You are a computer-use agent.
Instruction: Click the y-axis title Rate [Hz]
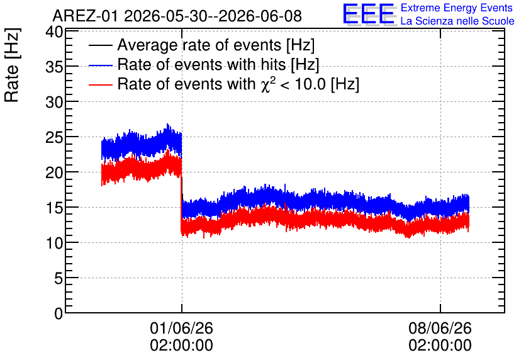click(x=12, y=65)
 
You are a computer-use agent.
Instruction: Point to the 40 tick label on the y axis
click(x=54, y=33)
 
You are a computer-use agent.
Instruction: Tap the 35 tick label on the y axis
click(x=54, y=67)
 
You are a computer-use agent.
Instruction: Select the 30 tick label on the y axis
click(x=54, y=103)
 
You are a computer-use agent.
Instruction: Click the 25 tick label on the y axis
click(x=54, y=138)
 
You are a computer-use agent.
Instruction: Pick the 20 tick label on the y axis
click(x=54, y=173)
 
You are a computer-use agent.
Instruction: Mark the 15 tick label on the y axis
click(x=54, y=208)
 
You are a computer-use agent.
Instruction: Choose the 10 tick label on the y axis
click(x=54, y=243)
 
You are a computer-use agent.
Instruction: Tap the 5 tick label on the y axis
click(x=59, y=278)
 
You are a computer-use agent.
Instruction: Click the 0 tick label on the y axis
click(x=59, y=313)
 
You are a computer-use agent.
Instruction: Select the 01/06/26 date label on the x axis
click(x=181, y=328)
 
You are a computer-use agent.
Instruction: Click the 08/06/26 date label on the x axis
click(x=440, y=328)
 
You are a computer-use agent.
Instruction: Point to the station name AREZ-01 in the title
click(x=85, y=16)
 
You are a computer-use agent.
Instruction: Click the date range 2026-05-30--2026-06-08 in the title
click(x=213, y=16)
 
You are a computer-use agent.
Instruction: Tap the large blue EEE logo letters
click(x=369, y=14)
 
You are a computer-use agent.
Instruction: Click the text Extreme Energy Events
click(x=457, y=8)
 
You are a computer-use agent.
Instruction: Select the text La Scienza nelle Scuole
click(x=457, y=21)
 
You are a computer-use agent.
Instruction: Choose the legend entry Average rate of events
click(x=201, y=45)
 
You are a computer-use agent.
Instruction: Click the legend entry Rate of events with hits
click(x=204, y=64)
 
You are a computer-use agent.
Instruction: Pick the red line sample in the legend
click(x=100, y=84)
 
